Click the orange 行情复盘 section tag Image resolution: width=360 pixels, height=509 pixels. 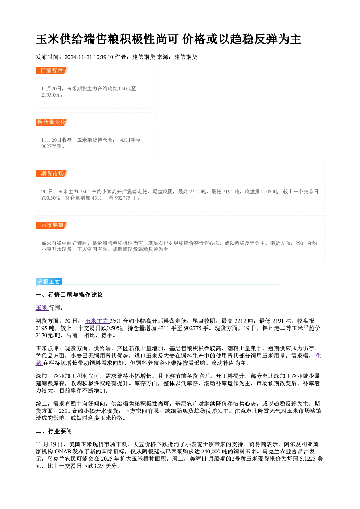point(52,71)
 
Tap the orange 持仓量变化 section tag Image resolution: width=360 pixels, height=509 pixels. point(52,122)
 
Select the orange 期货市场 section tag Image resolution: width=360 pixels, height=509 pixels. point(52,174)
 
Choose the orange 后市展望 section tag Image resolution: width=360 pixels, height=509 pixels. point(52,225)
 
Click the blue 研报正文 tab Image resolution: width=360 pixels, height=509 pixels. point(49,282)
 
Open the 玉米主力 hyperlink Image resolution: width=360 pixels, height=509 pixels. point(97,321)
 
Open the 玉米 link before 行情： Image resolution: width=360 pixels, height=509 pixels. point(42,308)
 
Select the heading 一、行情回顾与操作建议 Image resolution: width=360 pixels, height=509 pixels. point(69,295)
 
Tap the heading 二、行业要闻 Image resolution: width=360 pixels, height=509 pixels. point(54,431)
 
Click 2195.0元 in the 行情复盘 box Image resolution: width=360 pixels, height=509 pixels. point(51,95)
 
